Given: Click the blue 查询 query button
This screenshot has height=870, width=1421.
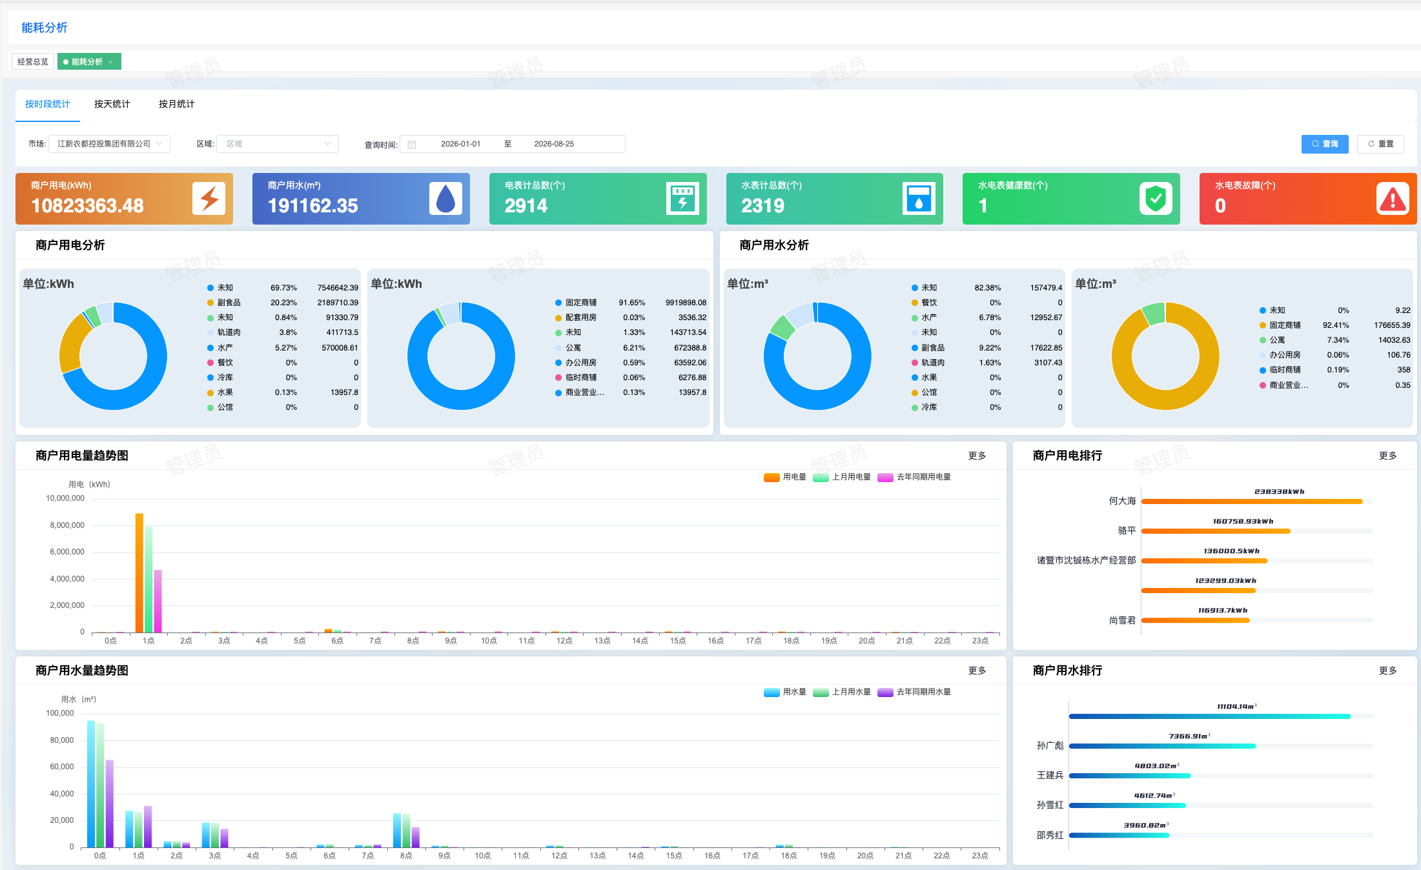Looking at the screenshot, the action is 1325,144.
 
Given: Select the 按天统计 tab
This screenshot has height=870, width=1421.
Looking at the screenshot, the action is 112,104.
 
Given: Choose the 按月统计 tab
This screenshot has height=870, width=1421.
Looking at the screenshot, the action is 177,104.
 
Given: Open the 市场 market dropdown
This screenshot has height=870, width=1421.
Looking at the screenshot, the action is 110,144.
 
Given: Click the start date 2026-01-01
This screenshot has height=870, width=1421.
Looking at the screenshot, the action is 460,144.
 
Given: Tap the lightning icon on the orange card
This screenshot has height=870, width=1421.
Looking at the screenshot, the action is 209,198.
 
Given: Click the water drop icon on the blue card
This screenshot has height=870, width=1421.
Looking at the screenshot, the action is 445,198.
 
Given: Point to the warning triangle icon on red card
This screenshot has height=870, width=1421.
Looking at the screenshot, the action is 1393,198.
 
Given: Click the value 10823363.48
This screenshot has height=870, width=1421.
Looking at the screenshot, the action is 88,206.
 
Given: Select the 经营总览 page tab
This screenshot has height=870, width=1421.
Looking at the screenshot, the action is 33,62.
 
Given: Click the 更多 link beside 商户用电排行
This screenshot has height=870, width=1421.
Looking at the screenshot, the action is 1388,456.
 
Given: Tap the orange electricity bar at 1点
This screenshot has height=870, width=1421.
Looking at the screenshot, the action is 139,573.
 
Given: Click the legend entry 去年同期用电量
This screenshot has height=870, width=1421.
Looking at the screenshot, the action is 915,477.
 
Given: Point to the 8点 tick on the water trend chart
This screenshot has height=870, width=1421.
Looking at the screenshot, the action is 406,856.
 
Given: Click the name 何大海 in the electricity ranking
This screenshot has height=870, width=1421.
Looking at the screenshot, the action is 1122,501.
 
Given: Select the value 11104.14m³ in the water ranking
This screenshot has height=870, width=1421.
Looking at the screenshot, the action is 1237,707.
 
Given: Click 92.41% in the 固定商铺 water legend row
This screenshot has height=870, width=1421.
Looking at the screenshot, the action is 1336,325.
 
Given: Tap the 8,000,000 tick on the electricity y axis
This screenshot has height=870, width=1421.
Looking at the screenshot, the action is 67,525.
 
